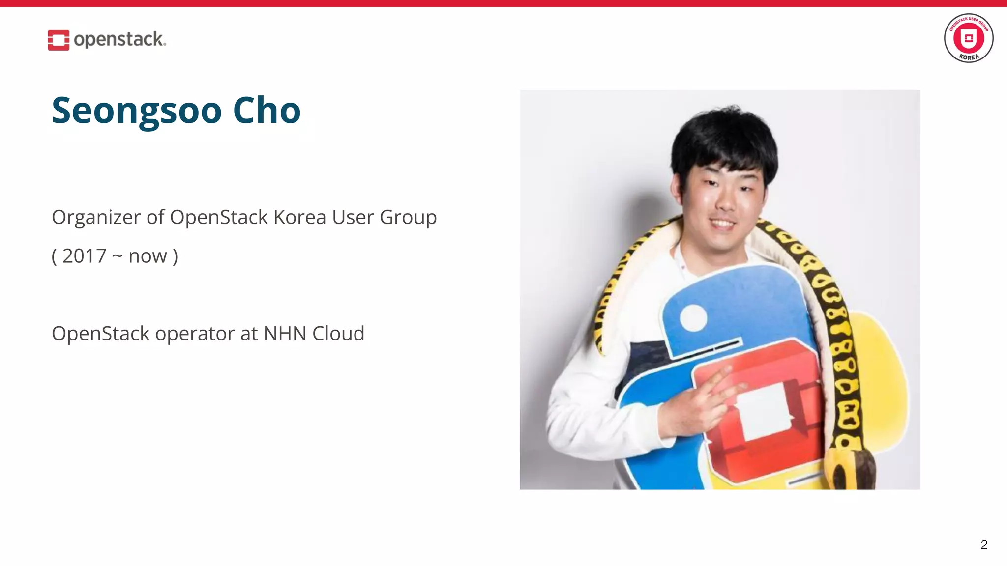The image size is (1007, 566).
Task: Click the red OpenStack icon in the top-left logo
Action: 58,40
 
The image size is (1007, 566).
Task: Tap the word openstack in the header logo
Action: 119,39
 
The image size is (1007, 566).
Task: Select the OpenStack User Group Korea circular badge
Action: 968,38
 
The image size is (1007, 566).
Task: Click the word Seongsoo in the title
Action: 137,111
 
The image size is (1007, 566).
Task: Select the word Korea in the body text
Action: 299,217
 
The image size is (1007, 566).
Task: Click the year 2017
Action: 84,256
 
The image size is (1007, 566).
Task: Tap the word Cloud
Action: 338,334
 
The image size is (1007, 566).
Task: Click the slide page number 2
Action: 983,544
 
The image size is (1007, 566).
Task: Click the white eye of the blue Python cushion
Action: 693,318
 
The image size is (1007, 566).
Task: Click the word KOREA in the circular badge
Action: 969,57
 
